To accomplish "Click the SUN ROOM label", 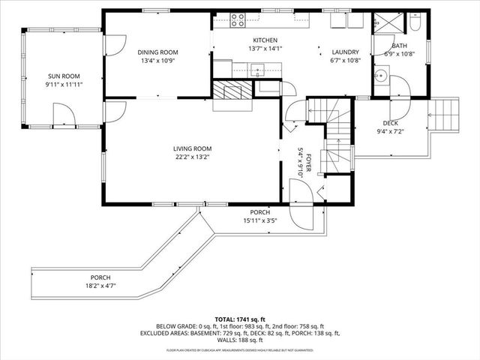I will point(64,76).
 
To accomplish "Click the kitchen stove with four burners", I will point(238,20).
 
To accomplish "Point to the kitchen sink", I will point(258,70).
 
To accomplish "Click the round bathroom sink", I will point(381,75).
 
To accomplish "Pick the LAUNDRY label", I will point(346,52).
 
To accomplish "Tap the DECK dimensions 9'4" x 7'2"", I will point(391,132).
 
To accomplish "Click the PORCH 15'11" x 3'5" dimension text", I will point(261,220).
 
